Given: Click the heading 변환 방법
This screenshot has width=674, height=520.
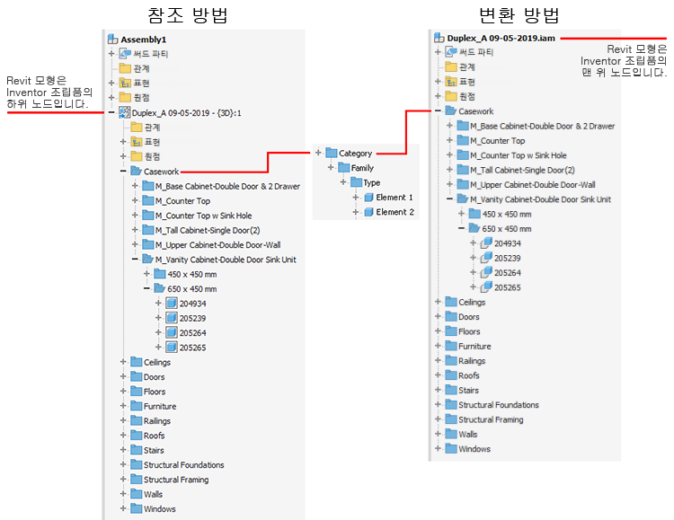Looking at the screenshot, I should (510, 14).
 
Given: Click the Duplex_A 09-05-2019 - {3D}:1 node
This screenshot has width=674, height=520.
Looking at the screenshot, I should (187, 113).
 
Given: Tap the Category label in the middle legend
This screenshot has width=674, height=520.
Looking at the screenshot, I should (355, 154).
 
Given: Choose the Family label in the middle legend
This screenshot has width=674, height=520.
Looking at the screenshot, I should (362, 168).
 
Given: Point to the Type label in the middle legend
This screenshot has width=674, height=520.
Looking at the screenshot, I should (371, 182).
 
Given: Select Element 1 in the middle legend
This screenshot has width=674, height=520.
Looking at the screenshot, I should (395, 197).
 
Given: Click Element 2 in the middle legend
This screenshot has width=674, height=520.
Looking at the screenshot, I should (395, 212).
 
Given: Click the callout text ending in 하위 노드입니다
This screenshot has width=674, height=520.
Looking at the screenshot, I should (49, 93).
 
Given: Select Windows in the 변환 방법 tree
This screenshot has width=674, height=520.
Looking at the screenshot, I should (474, 449).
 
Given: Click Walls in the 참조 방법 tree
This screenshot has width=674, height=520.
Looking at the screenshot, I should (153, 494).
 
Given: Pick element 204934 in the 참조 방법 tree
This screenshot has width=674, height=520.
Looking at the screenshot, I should (192, 304).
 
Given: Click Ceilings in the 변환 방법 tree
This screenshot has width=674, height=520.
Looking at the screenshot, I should (471, 303).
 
